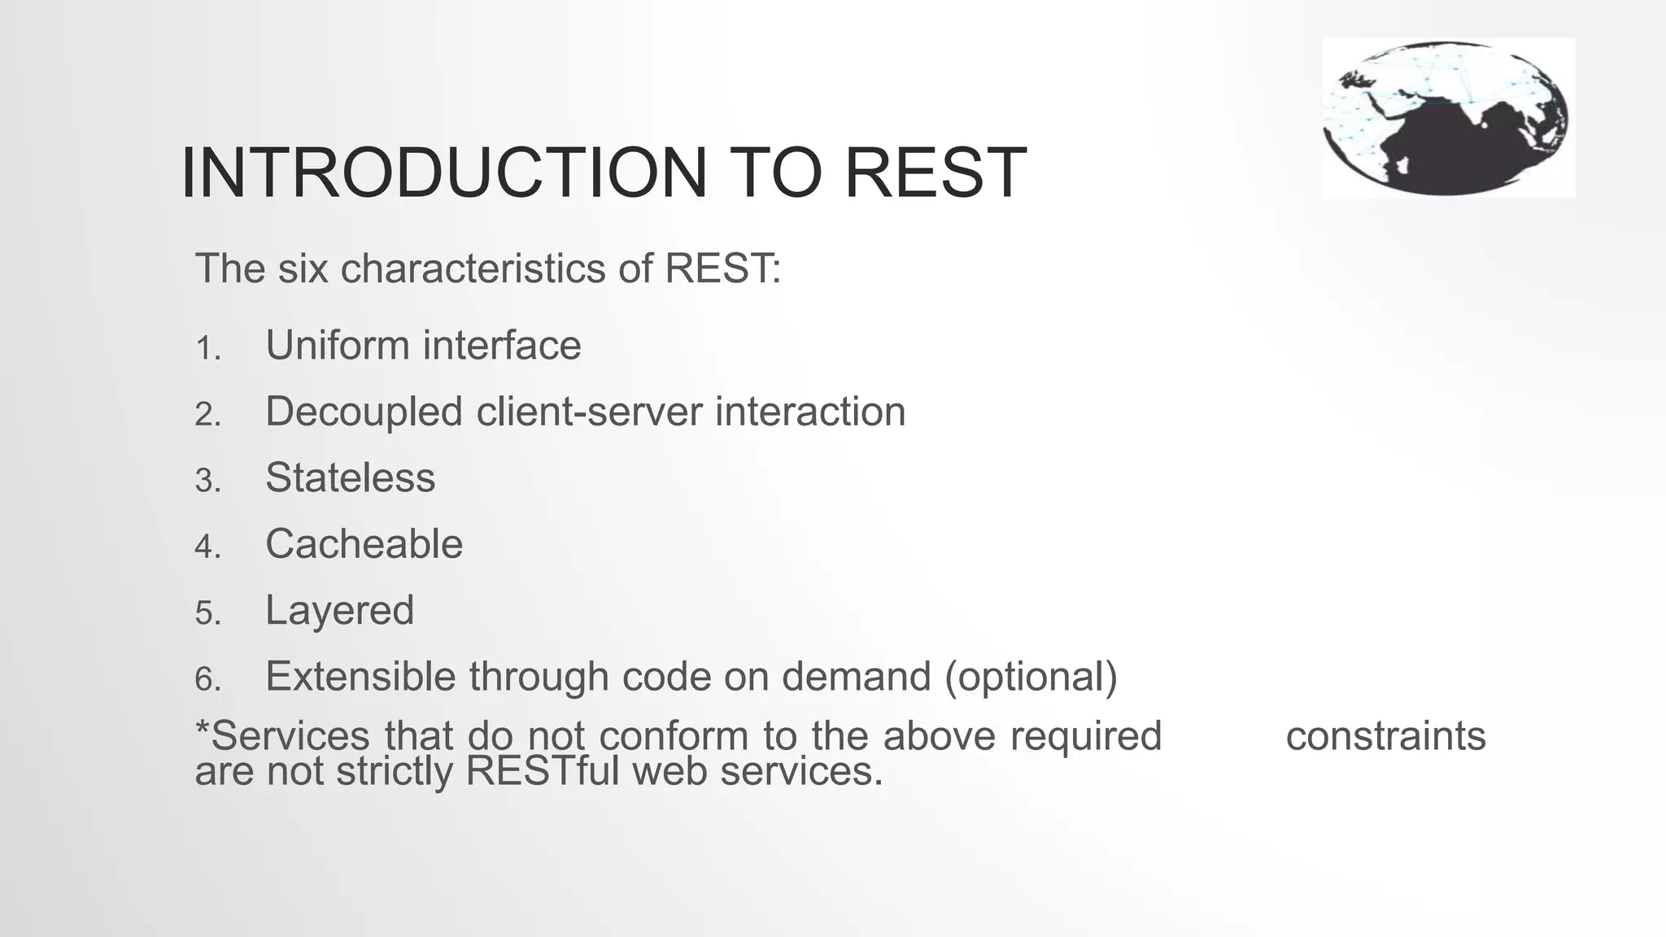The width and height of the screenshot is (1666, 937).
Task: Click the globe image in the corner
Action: click(1447, 117)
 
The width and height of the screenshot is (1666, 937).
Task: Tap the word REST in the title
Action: click(935, 172)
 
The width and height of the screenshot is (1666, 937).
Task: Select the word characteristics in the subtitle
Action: click(473, 268)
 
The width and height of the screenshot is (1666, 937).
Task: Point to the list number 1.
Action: click(207, 349)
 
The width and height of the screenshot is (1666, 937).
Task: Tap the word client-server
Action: click(590, 412)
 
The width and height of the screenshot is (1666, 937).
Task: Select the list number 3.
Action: click(207, 481)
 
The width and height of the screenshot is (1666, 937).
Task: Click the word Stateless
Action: click(350, 477)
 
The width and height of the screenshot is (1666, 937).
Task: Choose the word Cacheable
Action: click(364, 544)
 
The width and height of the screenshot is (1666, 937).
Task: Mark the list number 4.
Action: click(207, 547)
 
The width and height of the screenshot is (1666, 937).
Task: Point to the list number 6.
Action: click(207, 679)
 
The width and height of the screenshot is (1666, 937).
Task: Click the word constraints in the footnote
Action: click(1385, 736)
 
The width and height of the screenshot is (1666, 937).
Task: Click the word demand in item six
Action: click(856, 677)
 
